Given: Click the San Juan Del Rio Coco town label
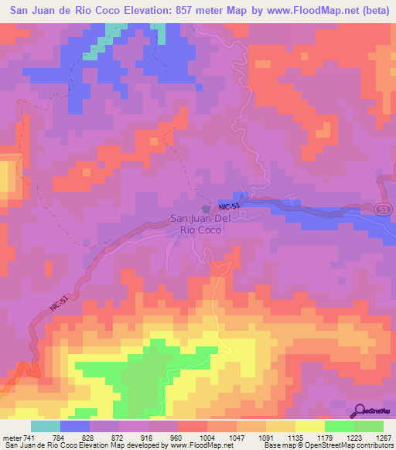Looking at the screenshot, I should click(x=200, y=224).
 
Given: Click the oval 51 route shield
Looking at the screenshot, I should click(x=384, y=209).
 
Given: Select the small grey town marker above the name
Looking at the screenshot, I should click(x=205, y=209).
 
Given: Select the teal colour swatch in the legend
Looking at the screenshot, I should click(x=45, y=426).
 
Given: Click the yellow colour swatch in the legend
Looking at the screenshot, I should click(x=309, y=426).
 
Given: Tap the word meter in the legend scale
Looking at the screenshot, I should click(x=12, y=437).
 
